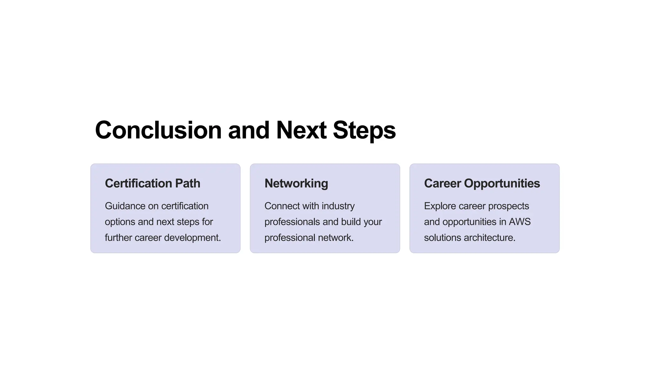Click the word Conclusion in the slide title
click(158, 130)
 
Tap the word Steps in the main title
click(364, 130)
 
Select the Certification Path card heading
click(152, 183)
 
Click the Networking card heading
click(296, 183)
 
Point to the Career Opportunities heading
click(482, 183)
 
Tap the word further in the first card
click(116, 238)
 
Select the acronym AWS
click(520, 222)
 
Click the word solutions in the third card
click(442, 238)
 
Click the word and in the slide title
click(249, 130)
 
